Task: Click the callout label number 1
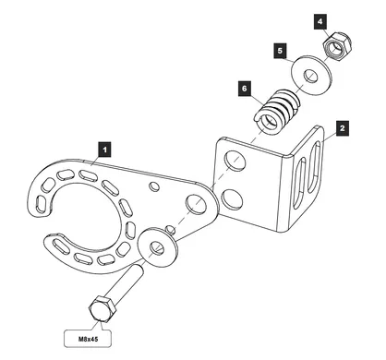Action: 104,150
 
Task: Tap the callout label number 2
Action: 343,128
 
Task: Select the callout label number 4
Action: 320,21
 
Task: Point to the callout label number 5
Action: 280,51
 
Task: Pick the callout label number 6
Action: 245,89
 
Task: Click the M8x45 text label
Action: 88,339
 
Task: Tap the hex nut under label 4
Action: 337,47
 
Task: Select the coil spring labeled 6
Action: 277,111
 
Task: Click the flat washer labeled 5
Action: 311,75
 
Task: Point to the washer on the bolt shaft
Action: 158,246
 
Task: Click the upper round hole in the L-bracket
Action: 235,161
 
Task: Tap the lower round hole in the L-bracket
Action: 232,198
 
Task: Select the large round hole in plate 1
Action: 197,204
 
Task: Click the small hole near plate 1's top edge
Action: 154,186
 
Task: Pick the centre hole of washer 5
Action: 311,76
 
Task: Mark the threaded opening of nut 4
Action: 338,46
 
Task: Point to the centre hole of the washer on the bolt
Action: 157,247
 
